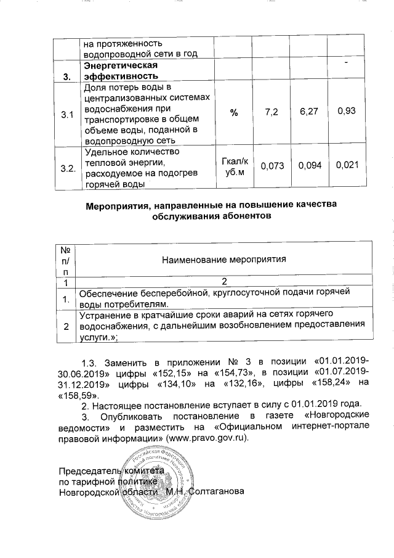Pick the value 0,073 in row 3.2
271,166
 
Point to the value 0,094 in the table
307,166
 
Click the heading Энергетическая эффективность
118,70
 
